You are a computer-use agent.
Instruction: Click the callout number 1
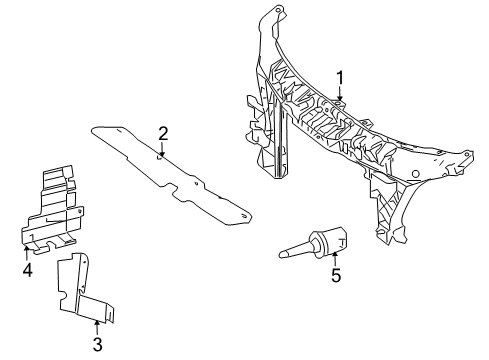point(340,77)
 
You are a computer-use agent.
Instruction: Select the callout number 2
point(163,133)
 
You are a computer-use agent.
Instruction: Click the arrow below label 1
point(340,97)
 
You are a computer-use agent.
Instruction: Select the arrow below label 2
point(163,152)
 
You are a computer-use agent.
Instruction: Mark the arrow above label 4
point(27,249)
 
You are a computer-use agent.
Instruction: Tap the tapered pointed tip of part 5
point(283,256)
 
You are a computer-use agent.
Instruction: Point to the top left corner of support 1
point(265,12)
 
